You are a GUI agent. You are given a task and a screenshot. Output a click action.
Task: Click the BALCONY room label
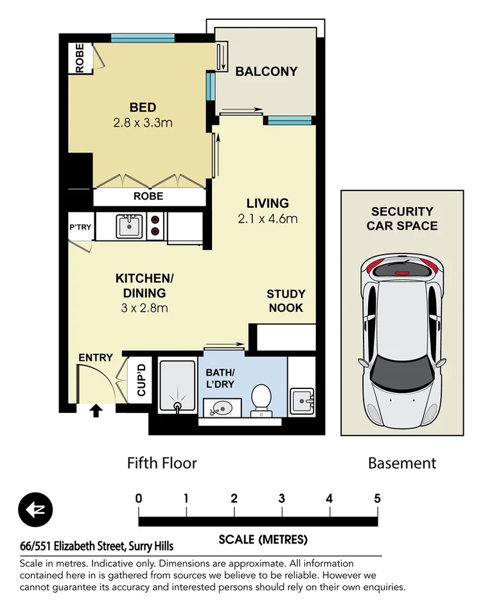pos(267,71)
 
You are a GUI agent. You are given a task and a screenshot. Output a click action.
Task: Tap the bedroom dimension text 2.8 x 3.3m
pos(143,122)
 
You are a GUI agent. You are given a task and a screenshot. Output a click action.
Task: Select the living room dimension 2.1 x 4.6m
pos(268,218)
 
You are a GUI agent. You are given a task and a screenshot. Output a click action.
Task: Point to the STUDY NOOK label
pos(286,300)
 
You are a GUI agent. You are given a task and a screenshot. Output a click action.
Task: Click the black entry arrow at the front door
pos(96,410)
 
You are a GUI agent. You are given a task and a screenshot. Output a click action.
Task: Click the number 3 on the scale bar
pos(281,498)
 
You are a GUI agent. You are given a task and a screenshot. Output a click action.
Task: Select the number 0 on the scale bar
pos(139,498)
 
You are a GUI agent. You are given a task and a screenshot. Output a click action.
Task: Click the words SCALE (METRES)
pos(263,539)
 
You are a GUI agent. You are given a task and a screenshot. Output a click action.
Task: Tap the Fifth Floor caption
pos(162,463)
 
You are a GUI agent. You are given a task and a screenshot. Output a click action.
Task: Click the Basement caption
pos(402,463)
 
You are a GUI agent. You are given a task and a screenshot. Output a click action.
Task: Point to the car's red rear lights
pos(403,264)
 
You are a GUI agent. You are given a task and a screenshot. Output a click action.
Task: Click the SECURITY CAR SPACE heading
pos(402,219)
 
